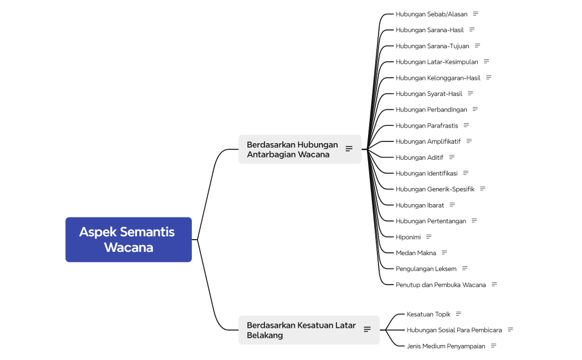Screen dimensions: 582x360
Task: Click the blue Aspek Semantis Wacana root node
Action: pos(129,240)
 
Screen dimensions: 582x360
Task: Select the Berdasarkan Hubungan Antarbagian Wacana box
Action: pos(300,149)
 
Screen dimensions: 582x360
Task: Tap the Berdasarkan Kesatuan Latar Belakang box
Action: pos(309,330)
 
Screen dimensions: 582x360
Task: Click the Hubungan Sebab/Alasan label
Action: pos(432,14)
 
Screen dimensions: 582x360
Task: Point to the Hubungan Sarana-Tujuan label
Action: pos(432,46)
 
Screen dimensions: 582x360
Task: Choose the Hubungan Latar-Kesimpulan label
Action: pos(437,62)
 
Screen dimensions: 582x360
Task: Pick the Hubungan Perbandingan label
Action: pos(431,110)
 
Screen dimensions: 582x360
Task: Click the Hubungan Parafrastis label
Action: pos(427,125)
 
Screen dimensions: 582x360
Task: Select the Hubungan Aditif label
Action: pos(420,158)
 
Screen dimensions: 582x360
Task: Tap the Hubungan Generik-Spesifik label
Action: pos(435,189)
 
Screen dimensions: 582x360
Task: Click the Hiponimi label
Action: pos(409,237)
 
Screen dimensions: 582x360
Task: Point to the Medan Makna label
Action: pos(416,253)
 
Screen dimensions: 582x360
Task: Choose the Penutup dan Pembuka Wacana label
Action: pos(441,285)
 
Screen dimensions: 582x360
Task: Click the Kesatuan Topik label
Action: pos(428,315)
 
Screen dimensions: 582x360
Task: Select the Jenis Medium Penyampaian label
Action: pos(446,346)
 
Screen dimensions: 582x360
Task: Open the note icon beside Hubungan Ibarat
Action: pos(452,205)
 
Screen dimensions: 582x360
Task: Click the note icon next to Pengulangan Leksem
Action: pos(464,268)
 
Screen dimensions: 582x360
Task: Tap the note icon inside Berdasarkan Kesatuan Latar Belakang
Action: pos(367,329)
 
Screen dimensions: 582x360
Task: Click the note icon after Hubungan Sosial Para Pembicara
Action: pos(510,329)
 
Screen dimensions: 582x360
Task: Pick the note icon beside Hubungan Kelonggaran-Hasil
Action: pos(488,77)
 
